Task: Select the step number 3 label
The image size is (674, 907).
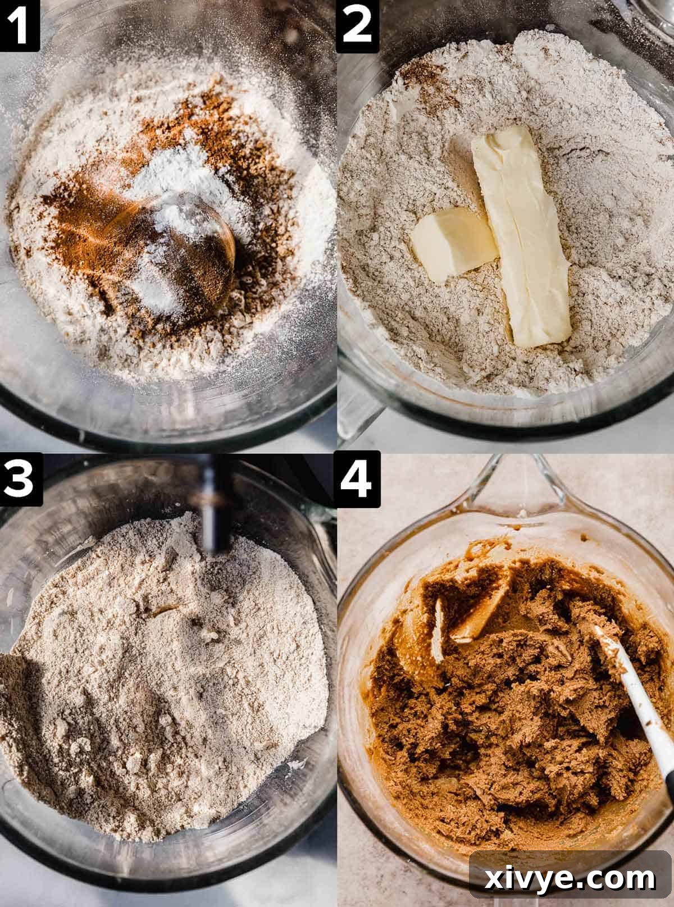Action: tap(20, 478)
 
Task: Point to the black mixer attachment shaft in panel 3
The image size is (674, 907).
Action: tap(216, 505)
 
